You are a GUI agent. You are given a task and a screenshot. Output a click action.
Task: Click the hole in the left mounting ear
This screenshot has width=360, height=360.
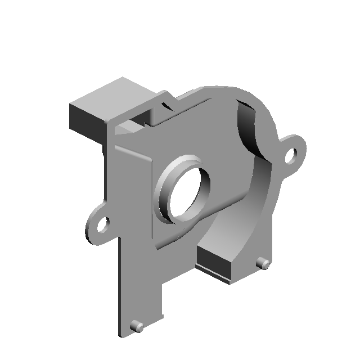[102, 226]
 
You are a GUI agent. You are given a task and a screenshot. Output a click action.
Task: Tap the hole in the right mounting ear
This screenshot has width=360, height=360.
[291, 155]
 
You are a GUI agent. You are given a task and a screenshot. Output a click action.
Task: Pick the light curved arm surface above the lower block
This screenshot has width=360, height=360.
[236, 225]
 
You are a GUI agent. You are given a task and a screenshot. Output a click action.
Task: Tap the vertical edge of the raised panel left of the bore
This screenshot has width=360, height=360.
[152, 202]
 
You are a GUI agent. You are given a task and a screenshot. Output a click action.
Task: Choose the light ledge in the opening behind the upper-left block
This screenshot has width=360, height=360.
[127, 130]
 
